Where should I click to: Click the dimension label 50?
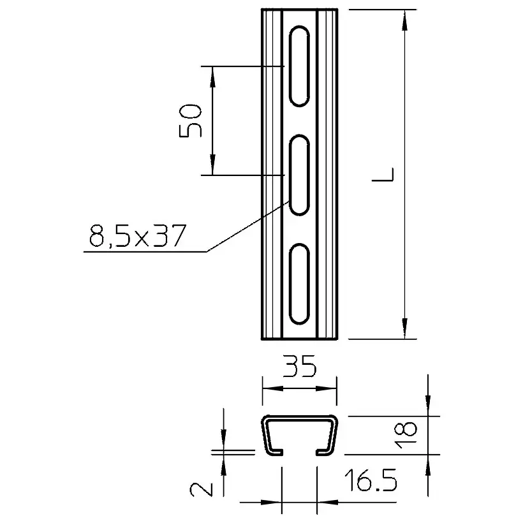coord(191,121)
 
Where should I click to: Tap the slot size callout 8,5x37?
coord(137,235)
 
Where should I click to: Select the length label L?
coord(383,175)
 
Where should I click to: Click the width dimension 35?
coord(299,366)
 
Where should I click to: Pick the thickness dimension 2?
coord(201,489)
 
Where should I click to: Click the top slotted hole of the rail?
coord(299,66)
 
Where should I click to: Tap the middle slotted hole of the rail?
coord(299,175)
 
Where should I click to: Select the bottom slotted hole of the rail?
coord(299,284)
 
